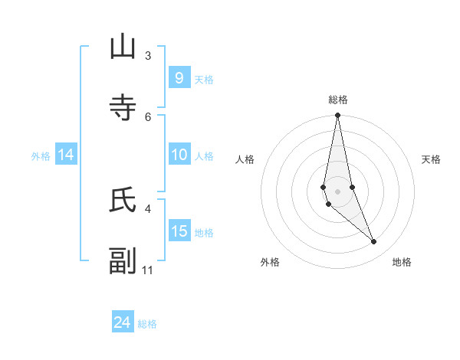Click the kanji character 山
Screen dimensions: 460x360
(123, 47)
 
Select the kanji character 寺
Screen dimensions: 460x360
(123, 108)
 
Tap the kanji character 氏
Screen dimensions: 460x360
(123, 200)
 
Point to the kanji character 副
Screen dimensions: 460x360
(123, 261)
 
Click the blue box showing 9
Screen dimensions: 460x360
(179, 77)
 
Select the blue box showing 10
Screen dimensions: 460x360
(179, 155)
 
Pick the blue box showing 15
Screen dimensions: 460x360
(179, 231)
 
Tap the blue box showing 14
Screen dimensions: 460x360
(66, 155)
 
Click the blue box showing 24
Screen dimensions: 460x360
(123, 322)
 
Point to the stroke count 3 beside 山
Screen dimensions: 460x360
(148, 56)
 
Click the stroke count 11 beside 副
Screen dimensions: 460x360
(148, 270)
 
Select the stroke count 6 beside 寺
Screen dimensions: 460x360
(148, 116)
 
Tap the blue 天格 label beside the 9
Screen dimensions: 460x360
(204, 79)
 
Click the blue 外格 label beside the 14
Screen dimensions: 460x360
(41, 156)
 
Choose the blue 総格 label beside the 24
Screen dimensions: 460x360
(147, 324)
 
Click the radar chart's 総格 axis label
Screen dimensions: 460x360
(338, 100)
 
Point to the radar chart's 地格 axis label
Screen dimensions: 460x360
(402, 262)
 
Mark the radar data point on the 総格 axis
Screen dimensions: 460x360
(337, 115)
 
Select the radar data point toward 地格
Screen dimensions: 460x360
(374, 242)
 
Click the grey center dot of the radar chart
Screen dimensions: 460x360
(337, 191)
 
